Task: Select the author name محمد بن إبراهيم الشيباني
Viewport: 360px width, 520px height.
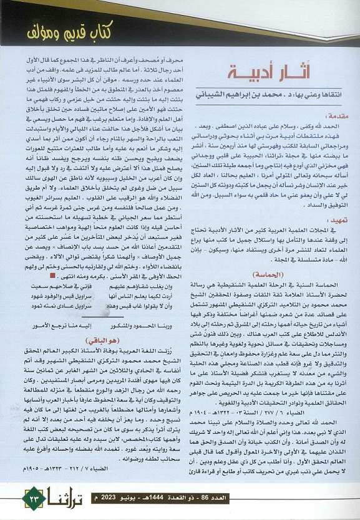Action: (243, 98)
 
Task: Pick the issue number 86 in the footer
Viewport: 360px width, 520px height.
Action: (325, 498)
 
